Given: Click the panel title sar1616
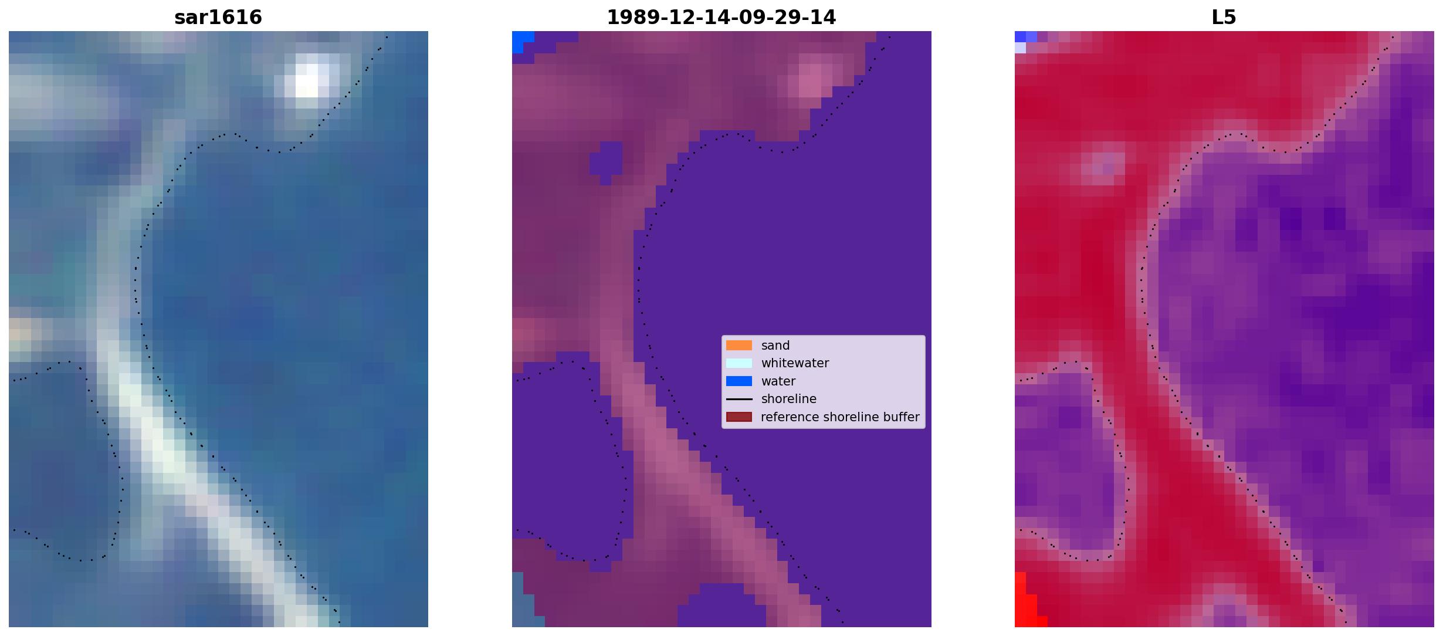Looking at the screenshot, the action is pyautogui.click(x=218, y=17).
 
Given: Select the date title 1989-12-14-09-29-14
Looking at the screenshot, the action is pyautogui.click(x=721, y=17).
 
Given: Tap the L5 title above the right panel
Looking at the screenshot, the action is pyautogui.click(x=1224, y=17).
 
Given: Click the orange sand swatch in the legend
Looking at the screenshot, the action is pyautogui.click(x=739, y=346).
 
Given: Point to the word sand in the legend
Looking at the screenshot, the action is pyautogui.click(x=775, y=346).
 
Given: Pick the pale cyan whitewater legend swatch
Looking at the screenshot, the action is pyautogui.click(x=739, y=363).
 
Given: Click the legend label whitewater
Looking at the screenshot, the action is pyautogui.click(x=795, y=363).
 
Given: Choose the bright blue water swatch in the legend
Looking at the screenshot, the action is pyautogui.click(x=739, y=381).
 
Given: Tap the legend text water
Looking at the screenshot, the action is pyautogui.click(x=778, y=381).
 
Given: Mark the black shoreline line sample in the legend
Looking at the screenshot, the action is pyautogui.click(x=739, y=399).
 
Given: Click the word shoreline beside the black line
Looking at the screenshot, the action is pyautogui.click(x=789, y=399).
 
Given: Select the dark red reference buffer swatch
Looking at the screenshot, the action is pyautogui.click(x=739, y=417).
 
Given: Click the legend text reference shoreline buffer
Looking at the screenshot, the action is pyautogui.click(x=840, y=417).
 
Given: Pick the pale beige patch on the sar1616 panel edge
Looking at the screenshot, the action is pyautogui.click(x=19, y=334).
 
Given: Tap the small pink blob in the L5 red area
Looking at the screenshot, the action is pyautogui.click(x=1103, y=164).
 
